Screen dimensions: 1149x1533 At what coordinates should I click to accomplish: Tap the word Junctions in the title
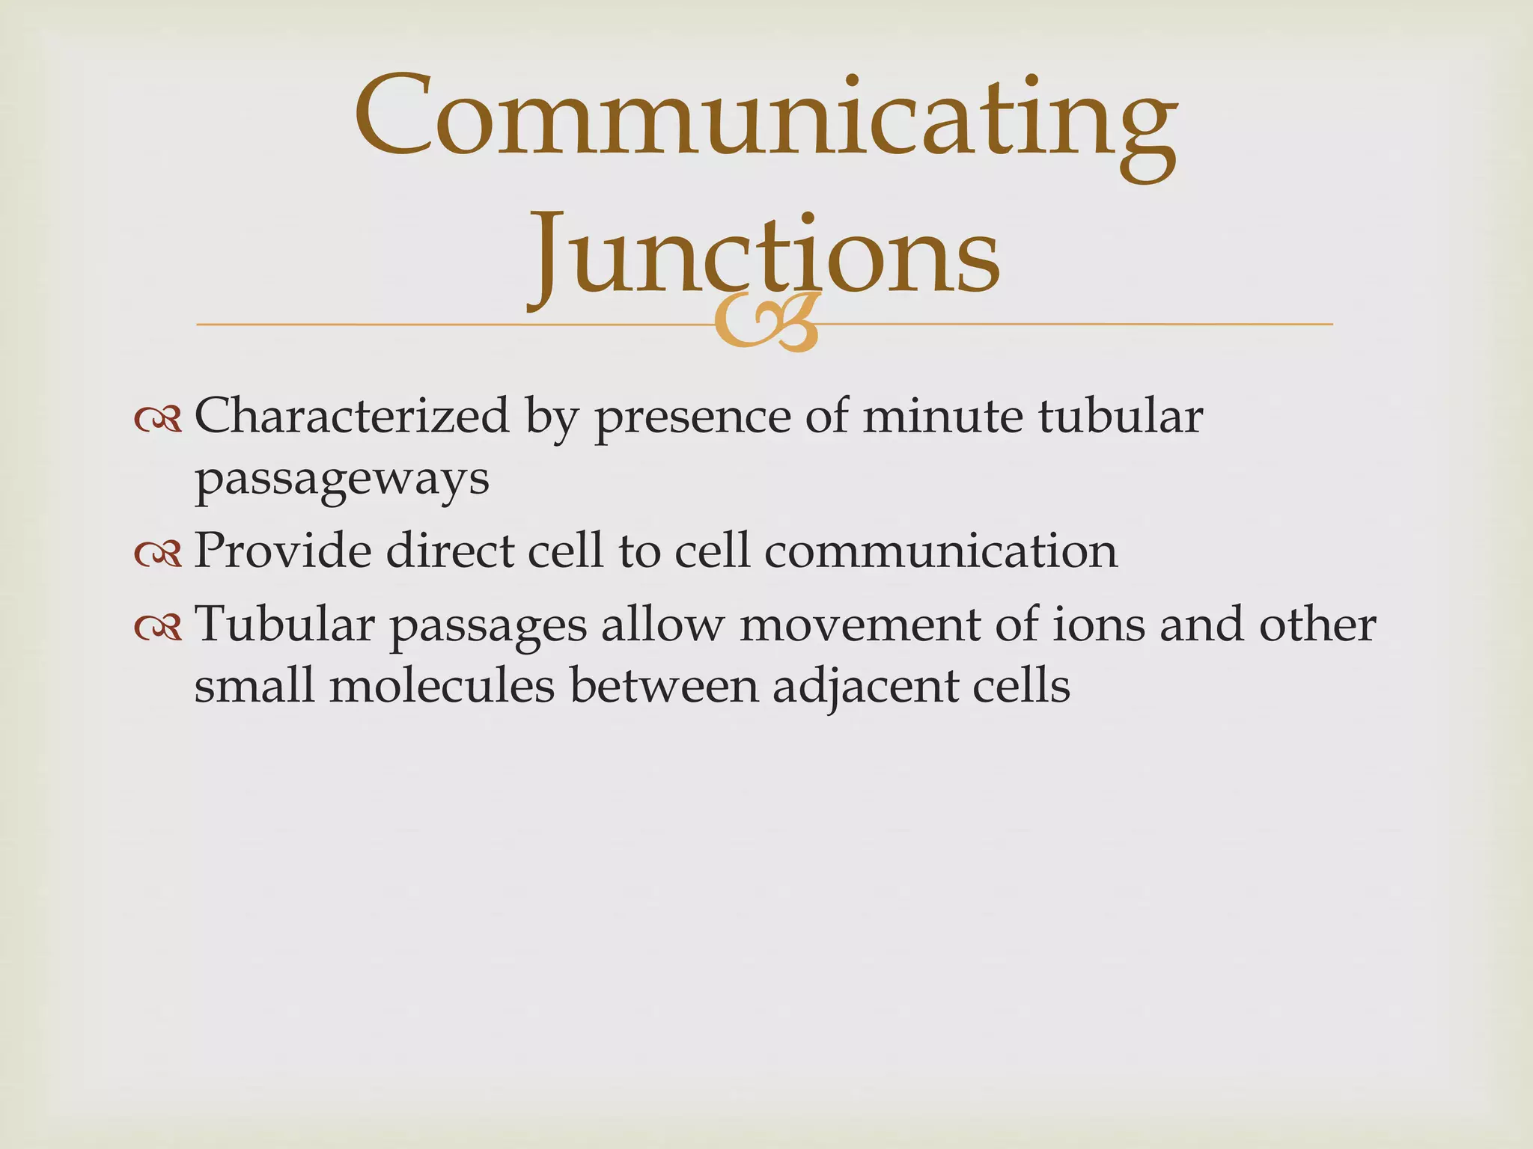click(x=765, y=254)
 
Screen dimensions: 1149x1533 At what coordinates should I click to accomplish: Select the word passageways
click(x=341, y=480)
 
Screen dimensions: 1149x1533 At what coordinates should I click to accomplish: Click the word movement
click(x=859, y=625)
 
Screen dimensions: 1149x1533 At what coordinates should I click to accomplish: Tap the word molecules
click(x=442, y=685)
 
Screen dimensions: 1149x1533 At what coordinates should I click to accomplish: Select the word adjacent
click(x=865, y=687)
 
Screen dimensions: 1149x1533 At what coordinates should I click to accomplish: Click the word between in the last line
click(x=665, y=685)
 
